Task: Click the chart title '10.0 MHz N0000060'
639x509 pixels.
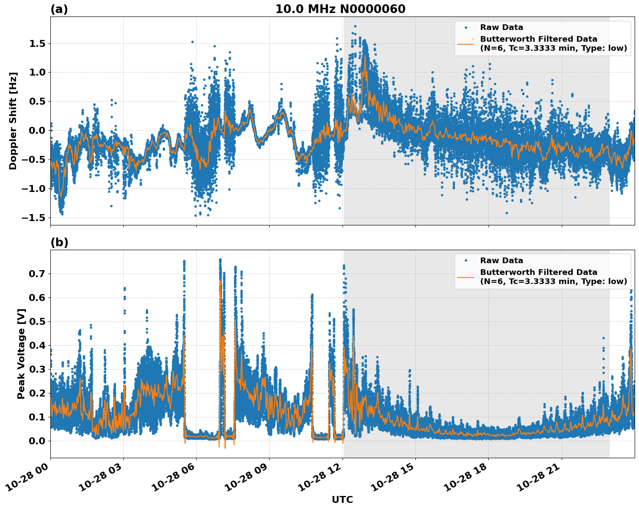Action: click(x=340, y=9)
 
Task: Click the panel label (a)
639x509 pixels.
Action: click(x=59, y=9)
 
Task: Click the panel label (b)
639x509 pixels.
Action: click(x=59, y=242)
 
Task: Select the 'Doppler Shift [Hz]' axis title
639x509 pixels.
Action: click(x=13, y=121)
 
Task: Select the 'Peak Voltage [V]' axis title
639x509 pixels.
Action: click(x=21, y=354)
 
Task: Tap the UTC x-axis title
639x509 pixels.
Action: click(x=342, y=499)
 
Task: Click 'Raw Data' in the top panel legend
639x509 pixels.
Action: click(x=501, y=27)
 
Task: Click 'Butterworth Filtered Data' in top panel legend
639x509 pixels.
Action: click(x=538, y=39)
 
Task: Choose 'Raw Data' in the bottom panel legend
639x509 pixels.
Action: click(x=501, y=261)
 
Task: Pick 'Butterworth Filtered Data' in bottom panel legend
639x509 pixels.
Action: click(x=538, y=272)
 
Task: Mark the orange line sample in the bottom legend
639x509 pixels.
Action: click(x=466, y=277)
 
